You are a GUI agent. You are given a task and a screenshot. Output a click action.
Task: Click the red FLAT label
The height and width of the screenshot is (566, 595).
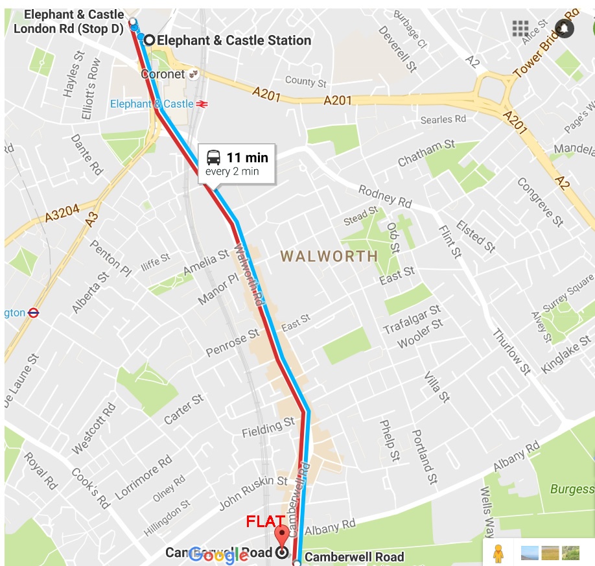[265, 521]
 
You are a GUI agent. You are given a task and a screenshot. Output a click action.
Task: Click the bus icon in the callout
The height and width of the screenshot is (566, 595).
[213, 157]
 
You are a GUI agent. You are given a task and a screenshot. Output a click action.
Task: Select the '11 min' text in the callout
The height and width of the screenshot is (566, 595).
[247, 158]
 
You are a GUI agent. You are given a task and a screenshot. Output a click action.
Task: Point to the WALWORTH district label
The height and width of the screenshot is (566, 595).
[329, 256]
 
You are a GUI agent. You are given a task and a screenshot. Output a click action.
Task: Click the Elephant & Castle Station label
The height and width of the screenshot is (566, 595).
[234, 40]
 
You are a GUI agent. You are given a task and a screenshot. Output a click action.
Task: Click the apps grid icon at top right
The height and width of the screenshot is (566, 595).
[520, 29]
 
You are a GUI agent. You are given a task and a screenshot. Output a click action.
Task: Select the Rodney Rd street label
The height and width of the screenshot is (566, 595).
[385, 196]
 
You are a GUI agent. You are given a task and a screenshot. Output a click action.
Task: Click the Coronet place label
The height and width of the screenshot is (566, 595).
[163, 75]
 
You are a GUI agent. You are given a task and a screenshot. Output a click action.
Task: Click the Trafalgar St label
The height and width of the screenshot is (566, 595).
[412, 319]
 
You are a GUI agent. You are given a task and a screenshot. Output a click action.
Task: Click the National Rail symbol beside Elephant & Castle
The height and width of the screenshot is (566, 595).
[202, 104]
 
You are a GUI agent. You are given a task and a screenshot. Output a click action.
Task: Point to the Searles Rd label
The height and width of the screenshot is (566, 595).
[443, 119]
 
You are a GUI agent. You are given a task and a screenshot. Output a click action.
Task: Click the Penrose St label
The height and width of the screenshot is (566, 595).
[232, 343]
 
